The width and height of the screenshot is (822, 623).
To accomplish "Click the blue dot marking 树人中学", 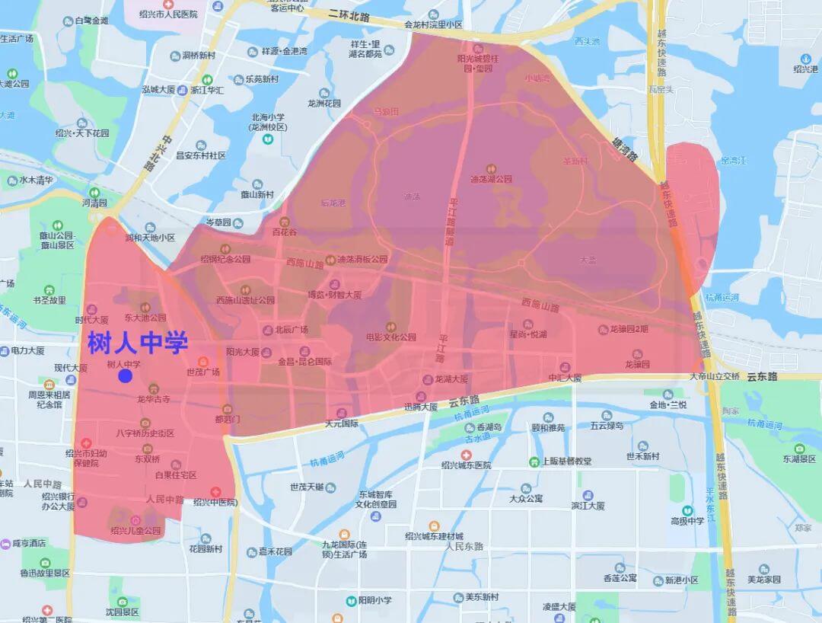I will click(x=126, y=375).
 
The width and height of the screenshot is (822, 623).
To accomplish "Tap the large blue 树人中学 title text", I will click(x=138, y=343).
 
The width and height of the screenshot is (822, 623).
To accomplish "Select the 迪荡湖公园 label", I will click(x=491, y=179).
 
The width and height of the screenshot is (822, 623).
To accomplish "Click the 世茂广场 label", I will click(x=202, y=372).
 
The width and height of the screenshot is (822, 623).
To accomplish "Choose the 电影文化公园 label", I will click(x=390, y=337).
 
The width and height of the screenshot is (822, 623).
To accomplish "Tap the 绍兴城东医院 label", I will click(x=466, y=465).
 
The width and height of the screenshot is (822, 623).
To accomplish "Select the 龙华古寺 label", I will click(x=153, y=398).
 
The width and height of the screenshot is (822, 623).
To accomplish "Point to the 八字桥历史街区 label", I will click(x=145, y=433).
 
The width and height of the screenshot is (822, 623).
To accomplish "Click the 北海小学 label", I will click(x=267, y=117).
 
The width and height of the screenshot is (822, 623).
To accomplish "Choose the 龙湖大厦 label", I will click(x=451, y=379).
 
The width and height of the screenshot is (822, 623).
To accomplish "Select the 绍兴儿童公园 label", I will click(x=135, y=530).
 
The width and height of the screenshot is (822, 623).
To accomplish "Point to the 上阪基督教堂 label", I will click(x=565, y=462).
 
